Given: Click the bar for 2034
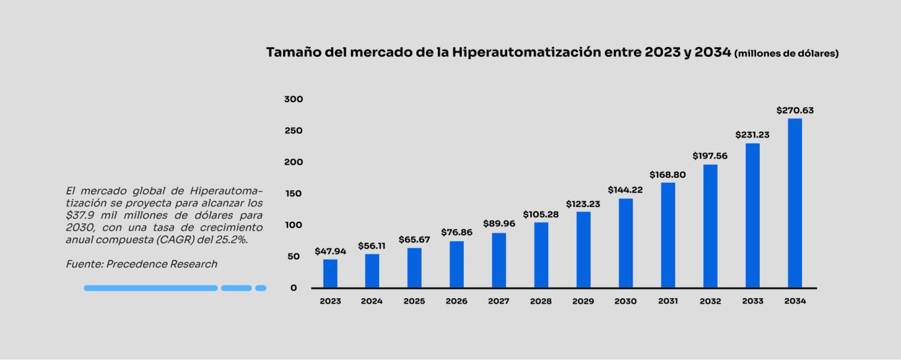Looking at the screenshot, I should [x=795, y=203].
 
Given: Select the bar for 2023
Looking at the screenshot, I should [x=330, y=274].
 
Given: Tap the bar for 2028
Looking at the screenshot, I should [x=541, y=255].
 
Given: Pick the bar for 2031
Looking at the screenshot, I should [x=668, y=235].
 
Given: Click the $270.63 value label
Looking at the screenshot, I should [x=795, y=111].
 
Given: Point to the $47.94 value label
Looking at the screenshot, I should [x=330, y=251].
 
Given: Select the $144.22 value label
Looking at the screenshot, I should [x=625, y=190].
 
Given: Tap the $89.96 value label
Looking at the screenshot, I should [x=499, y=224].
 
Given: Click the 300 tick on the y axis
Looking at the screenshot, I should [x=293, y=99].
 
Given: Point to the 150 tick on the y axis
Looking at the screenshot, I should [x=293, y=194].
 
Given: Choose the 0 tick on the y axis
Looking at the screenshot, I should [x=294, y=288].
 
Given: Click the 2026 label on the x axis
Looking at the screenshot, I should [x=456, y=301].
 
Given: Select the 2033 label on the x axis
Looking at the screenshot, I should [x=753, y=301].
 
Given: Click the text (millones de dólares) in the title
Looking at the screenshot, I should [x=786, y=54].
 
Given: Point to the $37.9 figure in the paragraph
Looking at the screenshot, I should [x=80, y=215].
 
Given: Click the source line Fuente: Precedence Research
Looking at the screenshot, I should [x=141, y=264].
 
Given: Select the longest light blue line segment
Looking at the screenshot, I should [x=150, y=288].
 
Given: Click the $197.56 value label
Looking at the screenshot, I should [x=710, y=156].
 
